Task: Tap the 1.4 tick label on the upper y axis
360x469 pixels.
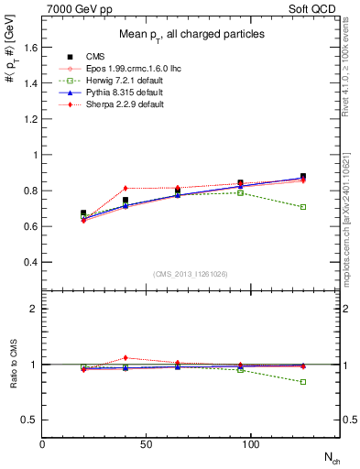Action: (29, 82)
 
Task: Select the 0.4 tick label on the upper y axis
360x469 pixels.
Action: (29, 262)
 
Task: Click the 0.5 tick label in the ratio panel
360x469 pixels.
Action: (29, 420)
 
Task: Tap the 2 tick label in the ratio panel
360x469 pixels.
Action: (34, 309)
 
